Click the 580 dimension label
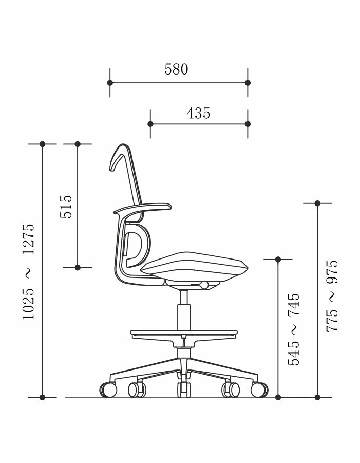pyautogui.click(x=176, y=69)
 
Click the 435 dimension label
pyautogui.click(x=198, y=113)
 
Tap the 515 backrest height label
pyautogui.click(x=66, y=207)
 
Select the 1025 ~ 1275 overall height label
pyautogui.click(x=29, y=271)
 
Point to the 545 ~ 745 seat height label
pyautogui.click(x=294, y=329)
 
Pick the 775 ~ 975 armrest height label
pyautogui.click(x=332, y=296)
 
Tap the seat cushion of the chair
pyautogui.click(x=194, y=267)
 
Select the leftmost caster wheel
pyautogui.click(x=108, y=390)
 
